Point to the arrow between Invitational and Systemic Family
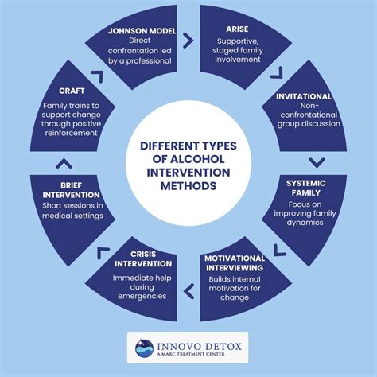click(317, 162)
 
